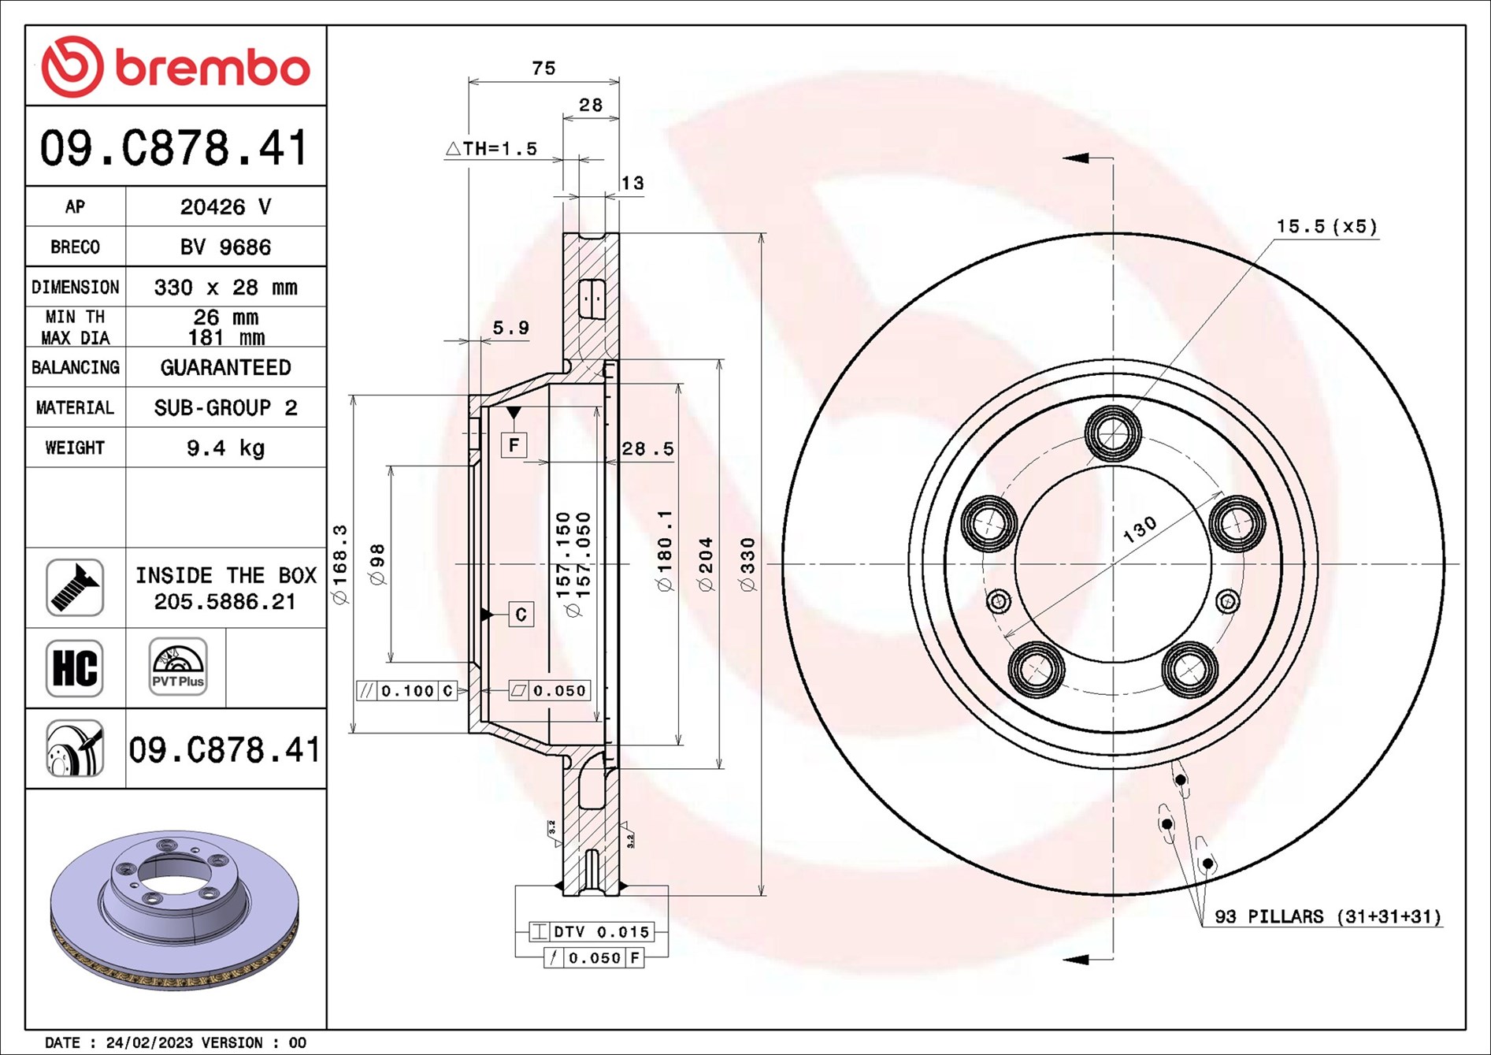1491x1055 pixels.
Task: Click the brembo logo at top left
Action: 175,67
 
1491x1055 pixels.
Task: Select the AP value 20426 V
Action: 225,206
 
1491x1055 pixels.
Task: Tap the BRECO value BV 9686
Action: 225,247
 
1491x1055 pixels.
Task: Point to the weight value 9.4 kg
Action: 225,448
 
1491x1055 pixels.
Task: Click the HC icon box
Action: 75,668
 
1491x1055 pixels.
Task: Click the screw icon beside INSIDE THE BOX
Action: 75,588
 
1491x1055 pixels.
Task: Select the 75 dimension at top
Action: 543,69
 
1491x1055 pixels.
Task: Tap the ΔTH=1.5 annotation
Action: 491,148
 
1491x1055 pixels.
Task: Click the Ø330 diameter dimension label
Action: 747,564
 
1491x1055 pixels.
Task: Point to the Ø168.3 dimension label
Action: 340,564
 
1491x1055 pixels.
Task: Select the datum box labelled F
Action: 514,446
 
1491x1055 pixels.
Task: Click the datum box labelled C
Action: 521,615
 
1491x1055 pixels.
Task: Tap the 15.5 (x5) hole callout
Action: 1326,227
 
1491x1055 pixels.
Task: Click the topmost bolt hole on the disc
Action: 1112,433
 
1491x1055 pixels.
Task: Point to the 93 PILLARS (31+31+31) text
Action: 1327,916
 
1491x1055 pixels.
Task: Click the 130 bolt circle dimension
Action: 1140,529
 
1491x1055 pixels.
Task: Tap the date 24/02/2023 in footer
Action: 149,1042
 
